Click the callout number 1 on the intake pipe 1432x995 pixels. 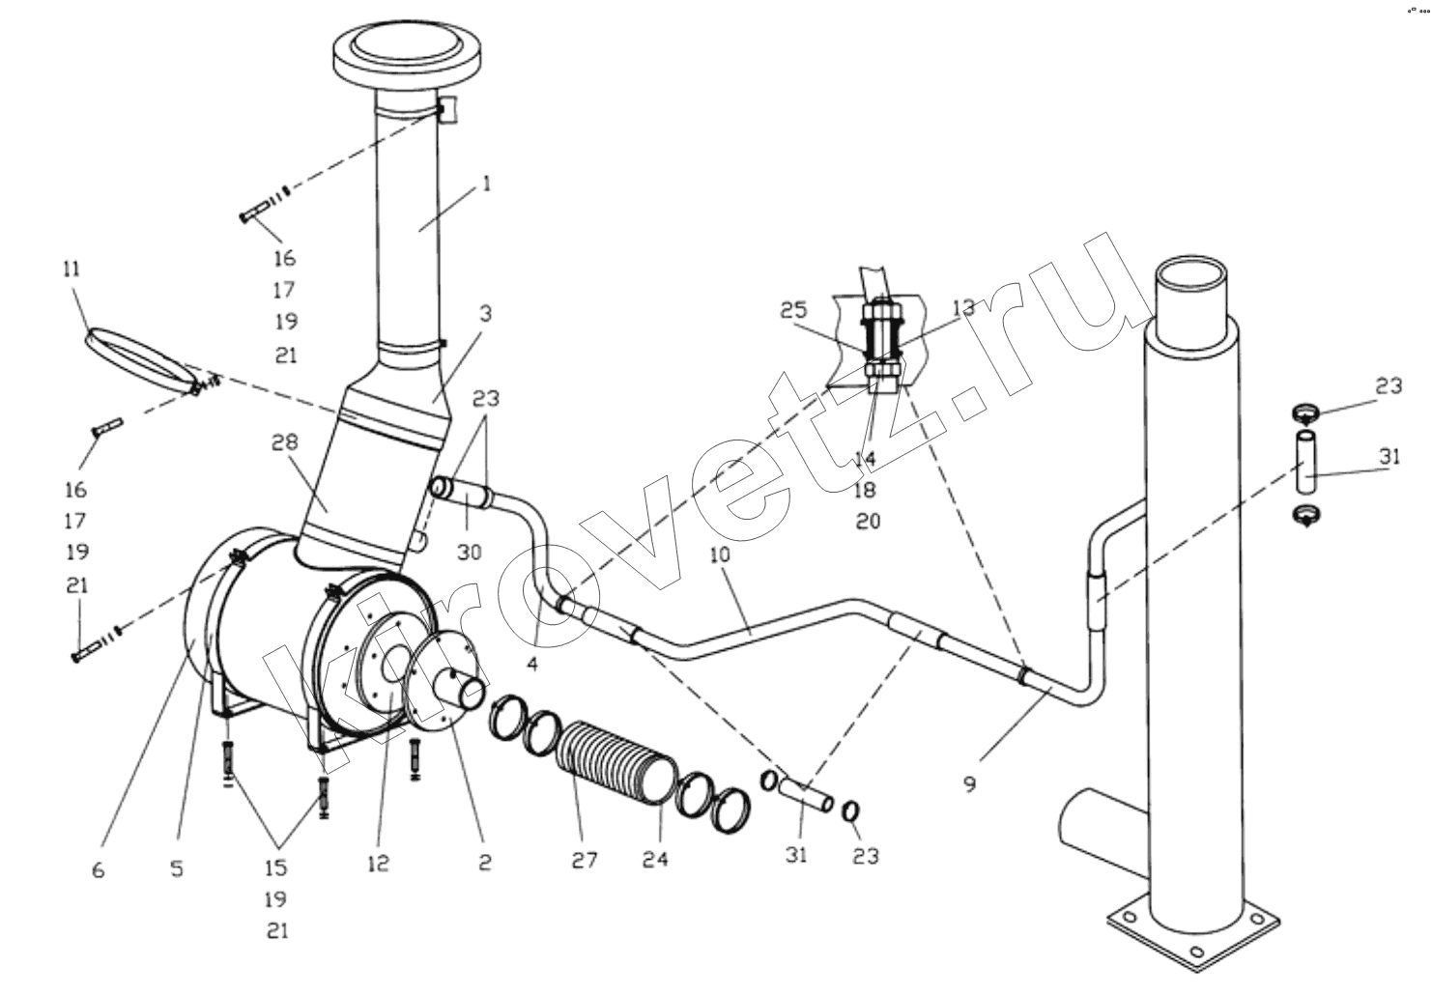tap(486, 185)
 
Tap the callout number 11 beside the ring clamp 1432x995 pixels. tap(72, 270)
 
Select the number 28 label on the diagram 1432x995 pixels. tap(284, 441)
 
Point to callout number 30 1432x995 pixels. tap(470, 553)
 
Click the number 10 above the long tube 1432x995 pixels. tap(720, 554)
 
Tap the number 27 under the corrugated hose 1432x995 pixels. tap(585, 860)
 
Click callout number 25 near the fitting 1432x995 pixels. tap(794, 310)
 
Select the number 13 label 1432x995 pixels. tap(963, 308)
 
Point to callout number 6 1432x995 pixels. tap(98, 869)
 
